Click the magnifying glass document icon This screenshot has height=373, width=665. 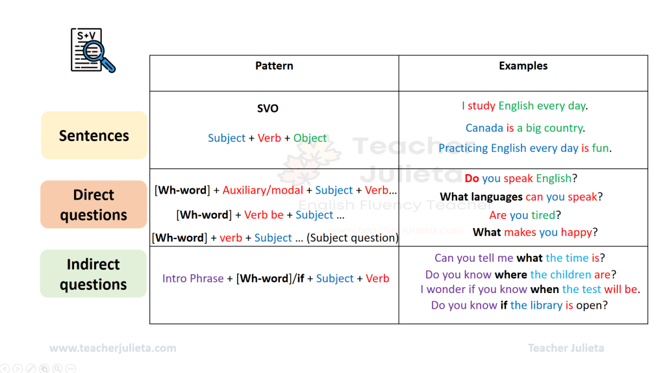coord(92,50)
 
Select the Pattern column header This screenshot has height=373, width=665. coord(274,66)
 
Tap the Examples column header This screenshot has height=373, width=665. coord(523,66)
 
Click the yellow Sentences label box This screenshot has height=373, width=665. coord(94,136)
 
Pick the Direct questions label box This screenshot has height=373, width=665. coord(94,205)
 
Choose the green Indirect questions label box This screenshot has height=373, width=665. coord(94,274)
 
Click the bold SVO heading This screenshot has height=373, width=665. coord(268,109)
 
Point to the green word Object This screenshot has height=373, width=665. coord(310,138)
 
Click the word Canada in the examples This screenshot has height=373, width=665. coord(484,128)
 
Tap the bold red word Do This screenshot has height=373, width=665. coord(472,178)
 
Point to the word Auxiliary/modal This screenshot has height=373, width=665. coord(262,190)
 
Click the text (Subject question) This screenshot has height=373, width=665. coord(353,238)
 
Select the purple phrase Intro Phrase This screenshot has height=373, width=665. coord(193,278)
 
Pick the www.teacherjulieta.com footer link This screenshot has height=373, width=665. coord(113,348)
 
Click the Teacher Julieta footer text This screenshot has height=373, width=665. coord(566,348)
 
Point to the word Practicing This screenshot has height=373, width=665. coord(463,148)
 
